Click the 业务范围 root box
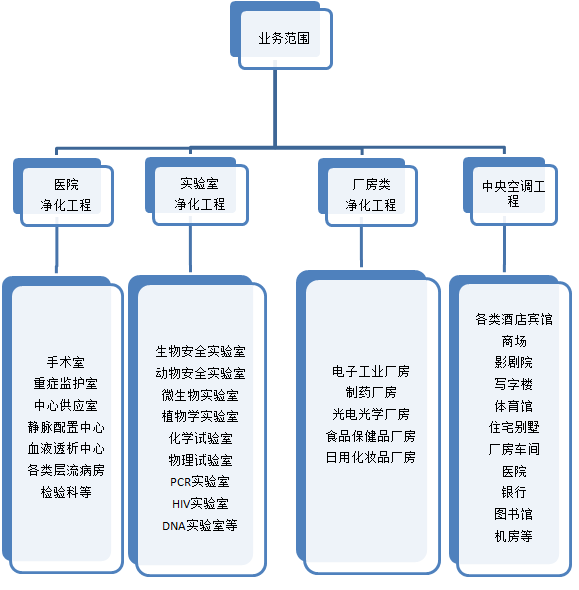click(x=281, y=36)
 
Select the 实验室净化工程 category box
click(x=197, y=192)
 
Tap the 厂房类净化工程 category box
click(x=368, y=192)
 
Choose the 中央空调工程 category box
click(x=511, y=192)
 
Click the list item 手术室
click(x=66, y=362)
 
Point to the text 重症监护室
click(x=66, y=384)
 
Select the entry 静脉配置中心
click(x=66, y=427)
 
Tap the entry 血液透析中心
click(x=66, y=449)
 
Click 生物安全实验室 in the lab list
click(x=201, y=351)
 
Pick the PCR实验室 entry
click(x=200, y=482)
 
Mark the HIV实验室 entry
click(x=200, y=503)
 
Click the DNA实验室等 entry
click(x=200, y=525)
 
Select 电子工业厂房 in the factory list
click(x=371, y=371)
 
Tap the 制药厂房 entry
click(x=371, y=392)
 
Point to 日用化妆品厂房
click(x=371, y=457)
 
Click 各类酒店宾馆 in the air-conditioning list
click(x=514, y=319)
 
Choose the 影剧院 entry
click(x=514, y=362)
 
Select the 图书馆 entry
click(x=514, y=514)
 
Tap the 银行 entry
click(x=514, y=492)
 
